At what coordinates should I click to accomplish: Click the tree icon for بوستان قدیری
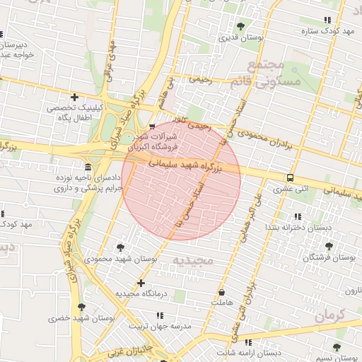coord(240,26)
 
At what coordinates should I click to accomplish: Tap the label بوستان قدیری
coord(240,38)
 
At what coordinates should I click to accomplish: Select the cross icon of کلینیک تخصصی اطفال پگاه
coord(74,97)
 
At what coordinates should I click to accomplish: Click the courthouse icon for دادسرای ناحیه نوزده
coord(88,168)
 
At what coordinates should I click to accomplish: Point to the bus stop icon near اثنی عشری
coord(289,177)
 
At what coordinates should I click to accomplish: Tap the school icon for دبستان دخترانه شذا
coord(297,216)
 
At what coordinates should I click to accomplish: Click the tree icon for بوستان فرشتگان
coord(328,247)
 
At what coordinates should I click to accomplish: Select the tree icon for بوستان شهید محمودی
coord(119,247)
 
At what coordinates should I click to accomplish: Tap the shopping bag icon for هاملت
coord(222,291)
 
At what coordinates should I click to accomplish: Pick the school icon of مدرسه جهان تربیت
coord(159,315)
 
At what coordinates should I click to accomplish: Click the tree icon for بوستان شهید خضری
coord(81,307)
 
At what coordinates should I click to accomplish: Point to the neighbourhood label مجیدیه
coord(192,262)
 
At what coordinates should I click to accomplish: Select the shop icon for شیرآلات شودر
coord(152,127)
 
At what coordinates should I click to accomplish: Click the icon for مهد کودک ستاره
coord(327,21)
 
